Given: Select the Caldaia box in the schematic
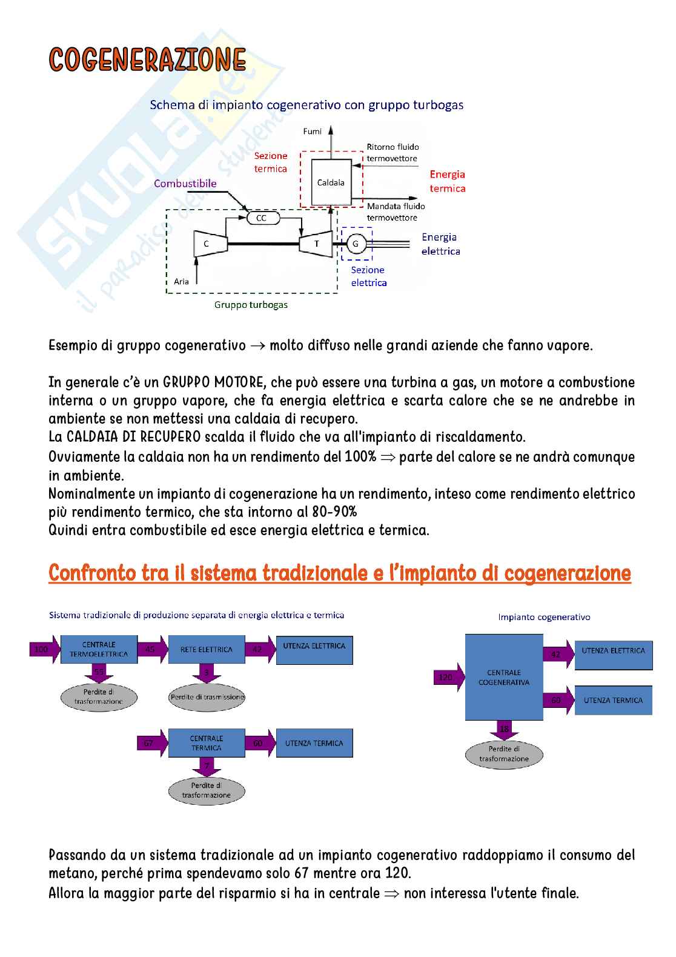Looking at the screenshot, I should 331,182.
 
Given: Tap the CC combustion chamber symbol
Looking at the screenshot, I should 262,218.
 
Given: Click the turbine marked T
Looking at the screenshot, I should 316,244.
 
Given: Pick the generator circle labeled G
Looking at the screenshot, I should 356,244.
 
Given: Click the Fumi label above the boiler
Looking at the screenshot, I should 312,132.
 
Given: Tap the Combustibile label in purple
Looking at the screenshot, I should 185,184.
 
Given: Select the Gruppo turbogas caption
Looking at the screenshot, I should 251,305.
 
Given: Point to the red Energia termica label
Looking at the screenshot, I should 448,181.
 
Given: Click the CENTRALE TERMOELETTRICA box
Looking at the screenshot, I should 99,649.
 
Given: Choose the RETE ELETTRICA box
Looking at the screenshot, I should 206,649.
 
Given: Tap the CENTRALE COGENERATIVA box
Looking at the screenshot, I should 503,677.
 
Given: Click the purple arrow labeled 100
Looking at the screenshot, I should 44,649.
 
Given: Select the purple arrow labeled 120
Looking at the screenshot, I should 448,677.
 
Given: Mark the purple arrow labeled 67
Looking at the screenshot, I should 151,743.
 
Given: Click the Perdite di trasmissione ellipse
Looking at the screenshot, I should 207,697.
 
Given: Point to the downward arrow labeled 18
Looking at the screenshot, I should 504,730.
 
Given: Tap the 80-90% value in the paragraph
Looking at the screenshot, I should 334,512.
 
